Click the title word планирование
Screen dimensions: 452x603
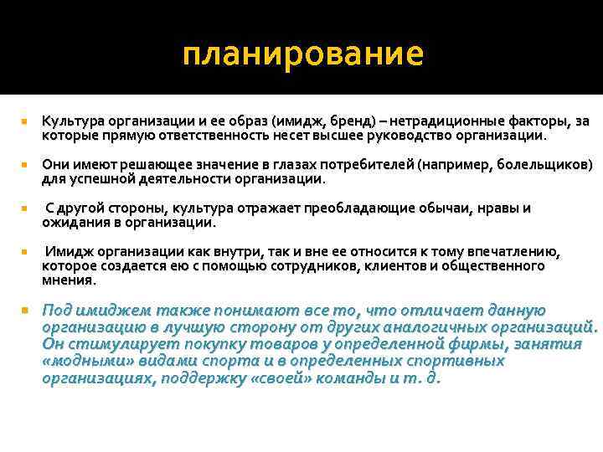303,55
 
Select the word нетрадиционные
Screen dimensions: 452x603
436,122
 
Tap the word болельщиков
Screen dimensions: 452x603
541,164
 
